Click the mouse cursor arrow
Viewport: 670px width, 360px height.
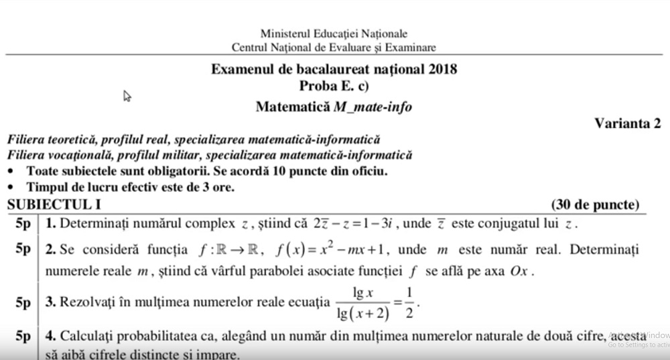click(x=127, y=96)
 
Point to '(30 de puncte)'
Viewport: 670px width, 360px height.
click(x=595, y=204)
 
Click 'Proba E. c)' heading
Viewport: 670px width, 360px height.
click(x=334, y=85)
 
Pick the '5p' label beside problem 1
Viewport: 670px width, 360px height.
click(x=24, y=223)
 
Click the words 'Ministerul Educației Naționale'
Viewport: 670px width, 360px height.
click(x=334, y=34)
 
